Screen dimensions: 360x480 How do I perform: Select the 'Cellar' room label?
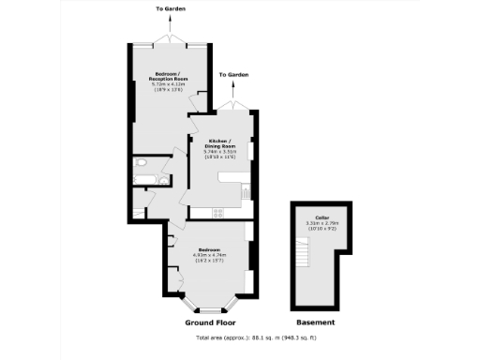322,217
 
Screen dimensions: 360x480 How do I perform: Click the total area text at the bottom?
242,337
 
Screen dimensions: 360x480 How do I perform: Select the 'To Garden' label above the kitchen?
233,74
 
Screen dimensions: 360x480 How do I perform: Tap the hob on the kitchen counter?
218,213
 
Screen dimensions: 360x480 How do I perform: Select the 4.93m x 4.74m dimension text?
212,256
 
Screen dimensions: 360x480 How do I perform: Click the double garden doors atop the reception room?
170,42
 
